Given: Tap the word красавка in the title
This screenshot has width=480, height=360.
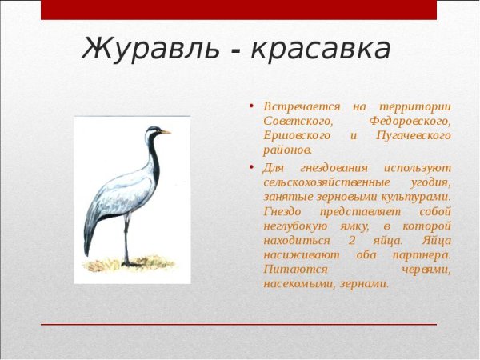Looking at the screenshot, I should [321, 50].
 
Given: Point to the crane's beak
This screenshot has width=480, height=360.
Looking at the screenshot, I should [165, 131].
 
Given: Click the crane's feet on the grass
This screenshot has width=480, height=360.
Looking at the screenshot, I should [127, 263].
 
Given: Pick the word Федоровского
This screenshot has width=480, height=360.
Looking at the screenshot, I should [410, 121].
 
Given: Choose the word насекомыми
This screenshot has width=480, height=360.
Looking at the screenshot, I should [298, 283].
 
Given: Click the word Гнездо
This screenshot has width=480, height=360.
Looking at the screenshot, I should [284, 211].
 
